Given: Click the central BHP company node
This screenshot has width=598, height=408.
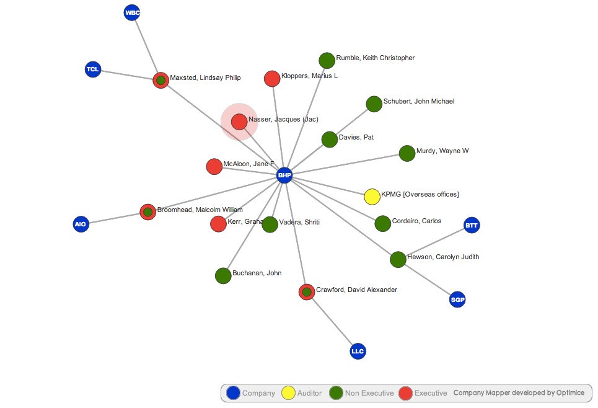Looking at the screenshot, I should (x=284, y=175).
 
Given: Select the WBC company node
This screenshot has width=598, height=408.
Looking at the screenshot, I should (x=132, y=12).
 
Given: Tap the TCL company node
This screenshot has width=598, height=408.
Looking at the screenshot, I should (x=93, y=69).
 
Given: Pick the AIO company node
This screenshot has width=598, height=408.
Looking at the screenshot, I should (x=81, y=224).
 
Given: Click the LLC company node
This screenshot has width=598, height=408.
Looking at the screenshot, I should (x=358, y=352).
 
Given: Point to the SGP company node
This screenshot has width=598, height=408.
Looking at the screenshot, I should (x=457, y=300).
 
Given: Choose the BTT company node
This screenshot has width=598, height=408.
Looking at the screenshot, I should (x=472, y=225).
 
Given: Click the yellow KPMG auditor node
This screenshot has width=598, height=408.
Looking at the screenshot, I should (x=372, y=197).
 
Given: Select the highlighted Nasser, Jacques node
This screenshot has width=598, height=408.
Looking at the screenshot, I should (x=239, y=122).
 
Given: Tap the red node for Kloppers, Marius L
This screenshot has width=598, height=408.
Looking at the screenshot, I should (x=272, y=79).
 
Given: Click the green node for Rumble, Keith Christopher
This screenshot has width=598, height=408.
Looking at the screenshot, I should (x=327, y=60).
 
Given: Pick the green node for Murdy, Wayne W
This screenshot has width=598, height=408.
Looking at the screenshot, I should (x=407, y=153).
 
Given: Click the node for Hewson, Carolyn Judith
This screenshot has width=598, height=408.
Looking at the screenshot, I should (x=398, y=259).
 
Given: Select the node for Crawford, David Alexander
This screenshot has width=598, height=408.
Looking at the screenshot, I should (x=307, y=291).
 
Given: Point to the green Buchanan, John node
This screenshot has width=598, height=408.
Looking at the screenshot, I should (x=223, y=275).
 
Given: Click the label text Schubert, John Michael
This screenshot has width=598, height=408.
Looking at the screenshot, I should (x=419, y=101).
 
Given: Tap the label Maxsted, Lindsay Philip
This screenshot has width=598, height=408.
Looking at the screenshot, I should (x=205, y=78).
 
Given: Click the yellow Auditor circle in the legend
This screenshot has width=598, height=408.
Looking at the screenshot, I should (x=288, y=392).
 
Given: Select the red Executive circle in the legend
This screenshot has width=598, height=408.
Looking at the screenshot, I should (x=405, y=392).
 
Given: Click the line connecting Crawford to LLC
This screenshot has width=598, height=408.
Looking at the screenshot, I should (x=332, y=322).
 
